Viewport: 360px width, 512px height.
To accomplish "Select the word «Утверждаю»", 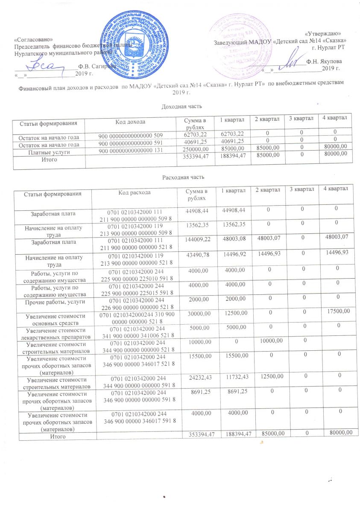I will click(x=326, y=33).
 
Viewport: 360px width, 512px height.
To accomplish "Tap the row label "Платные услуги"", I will click(x=50, y=152).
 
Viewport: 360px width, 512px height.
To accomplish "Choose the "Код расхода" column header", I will click(x=134, y=193).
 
